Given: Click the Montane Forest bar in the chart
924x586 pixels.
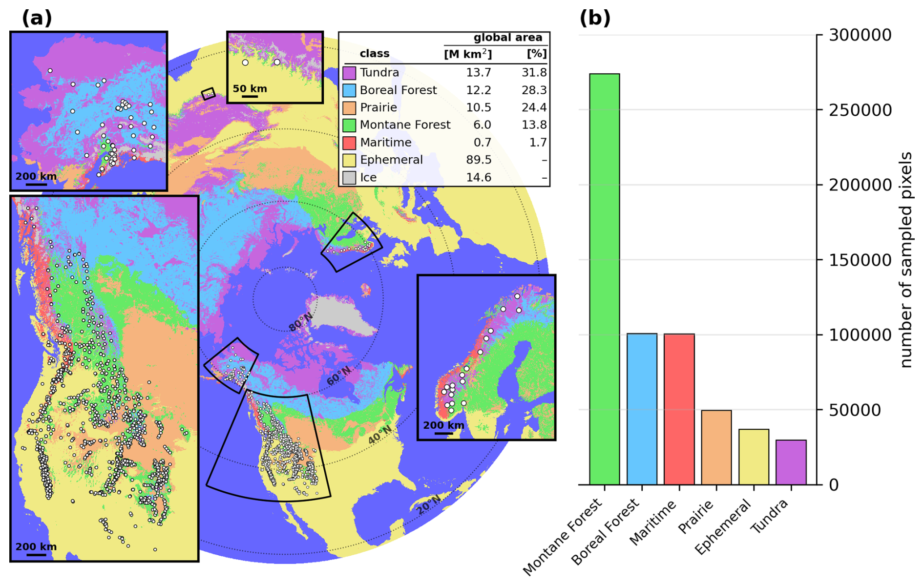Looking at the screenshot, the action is (604, 279).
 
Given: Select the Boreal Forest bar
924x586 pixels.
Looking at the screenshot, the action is (642, 409).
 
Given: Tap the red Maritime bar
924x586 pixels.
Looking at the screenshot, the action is (679, 409).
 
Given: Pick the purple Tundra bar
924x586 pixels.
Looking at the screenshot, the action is (791, 462).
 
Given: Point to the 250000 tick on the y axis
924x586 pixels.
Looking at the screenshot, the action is (860, 110).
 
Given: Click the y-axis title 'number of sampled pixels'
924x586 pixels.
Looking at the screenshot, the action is (905, 259).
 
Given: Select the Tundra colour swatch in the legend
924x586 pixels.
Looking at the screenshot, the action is (349, 73).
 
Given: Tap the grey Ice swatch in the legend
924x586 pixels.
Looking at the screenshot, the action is (349, 178).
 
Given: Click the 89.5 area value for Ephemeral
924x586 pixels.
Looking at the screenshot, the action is (479, 160).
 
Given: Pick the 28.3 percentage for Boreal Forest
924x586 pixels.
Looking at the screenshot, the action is (534, 90).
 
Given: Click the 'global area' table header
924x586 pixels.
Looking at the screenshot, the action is (508, 38).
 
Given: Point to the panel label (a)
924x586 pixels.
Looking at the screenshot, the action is (37, 18).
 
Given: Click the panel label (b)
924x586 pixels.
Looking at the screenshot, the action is (595, 18).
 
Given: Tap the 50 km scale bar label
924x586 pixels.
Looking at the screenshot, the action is (250, 88).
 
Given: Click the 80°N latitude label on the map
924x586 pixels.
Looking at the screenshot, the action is (300, 322).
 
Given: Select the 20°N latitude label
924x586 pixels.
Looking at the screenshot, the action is (429, 504).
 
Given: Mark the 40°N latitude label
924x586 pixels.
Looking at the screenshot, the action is (379, 435).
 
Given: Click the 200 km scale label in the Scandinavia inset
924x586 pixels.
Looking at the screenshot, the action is (443, 425).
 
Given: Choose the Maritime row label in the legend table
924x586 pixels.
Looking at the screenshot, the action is (386, 142).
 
